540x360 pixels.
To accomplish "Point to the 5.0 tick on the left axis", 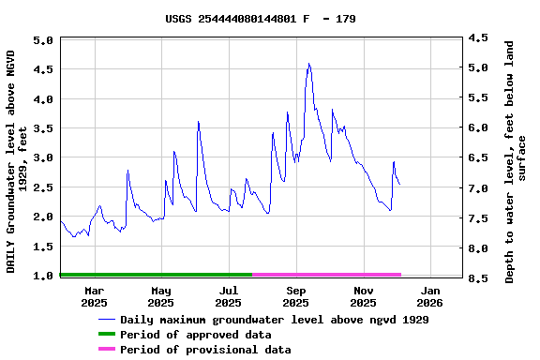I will tap(42, 40).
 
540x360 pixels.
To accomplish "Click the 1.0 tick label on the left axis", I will tap(42, 276).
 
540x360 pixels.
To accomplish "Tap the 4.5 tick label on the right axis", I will tap(478, 37).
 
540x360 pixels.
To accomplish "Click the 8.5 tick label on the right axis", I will tap(478, 278).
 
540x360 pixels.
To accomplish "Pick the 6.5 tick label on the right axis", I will tap(478, 158).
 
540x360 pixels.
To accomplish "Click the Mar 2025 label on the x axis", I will tap(94, 296).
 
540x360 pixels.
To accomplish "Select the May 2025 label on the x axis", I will tap(161, 296).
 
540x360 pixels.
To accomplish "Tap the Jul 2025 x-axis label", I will tap(228, 296).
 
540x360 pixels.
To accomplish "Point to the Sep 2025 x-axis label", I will tap(295, 296).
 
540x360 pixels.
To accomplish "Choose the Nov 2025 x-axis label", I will tap(363, 296).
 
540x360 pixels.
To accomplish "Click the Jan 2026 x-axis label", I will tap(429, 296).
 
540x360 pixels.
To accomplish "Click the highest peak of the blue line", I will tap(308, 64).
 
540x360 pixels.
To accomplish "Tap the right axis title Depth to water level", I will tap(516, 161).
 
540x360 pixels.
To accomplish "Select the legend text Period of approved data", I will tap(195, 335).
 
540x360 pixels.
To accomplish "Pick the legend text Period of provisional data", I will tap(205, 350).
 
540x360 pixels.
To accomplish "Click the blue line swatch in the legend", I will tap(106, 320).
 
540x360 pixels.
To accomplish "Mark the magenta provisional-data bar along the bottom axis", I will tap(326, 275).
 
